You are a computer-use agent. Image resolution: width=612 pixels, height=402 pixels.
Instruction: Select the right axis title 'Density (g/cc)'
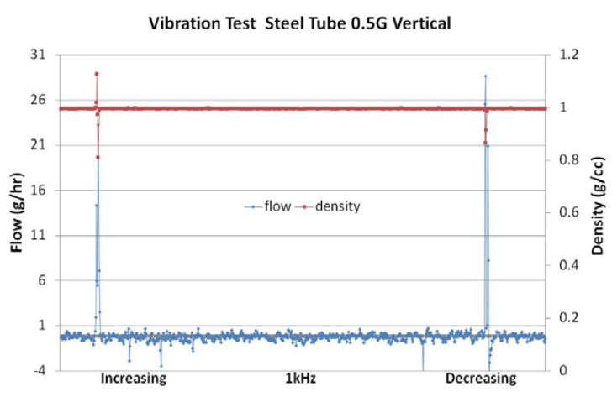click(597, 206)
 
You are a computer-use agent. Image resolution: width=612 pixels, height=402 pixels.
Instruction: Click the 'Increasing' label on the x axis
click(134, 379)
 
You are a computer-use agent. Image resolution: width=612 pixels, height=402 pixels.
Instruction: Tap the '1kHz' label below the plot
click(300, 379)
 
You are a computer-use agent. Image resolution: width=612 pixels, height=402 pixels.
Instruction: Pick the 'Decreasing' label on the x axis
click(481, 379)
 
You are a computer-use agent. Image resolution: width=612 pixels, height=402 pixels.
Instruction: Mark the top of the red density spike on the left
click(97, 74)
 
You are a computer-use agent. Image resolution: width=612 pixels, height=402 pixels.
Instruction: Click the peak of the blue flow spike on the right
click(485, 76)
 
